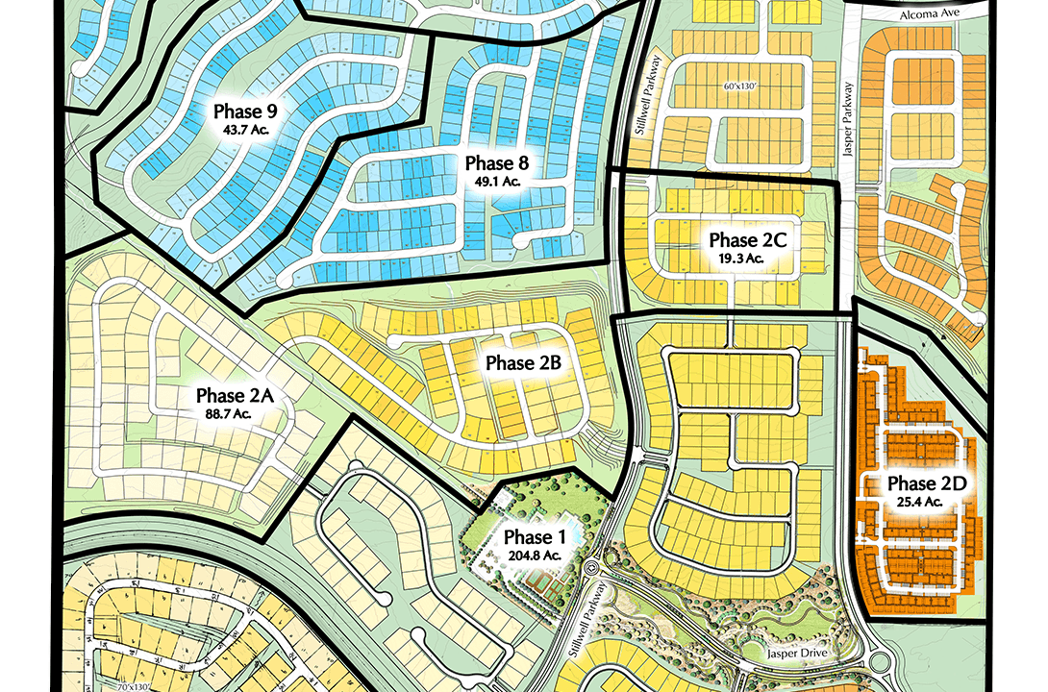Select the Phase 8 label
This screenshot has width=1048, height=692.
496,162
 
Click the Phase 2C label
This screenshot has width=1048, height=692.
748,239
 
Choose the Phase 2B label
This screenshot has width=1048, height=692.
523,363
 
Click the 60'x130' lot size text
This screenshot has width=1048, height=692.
741,86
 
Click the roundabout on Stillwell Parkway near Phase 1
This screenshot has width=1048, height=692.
591,570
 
